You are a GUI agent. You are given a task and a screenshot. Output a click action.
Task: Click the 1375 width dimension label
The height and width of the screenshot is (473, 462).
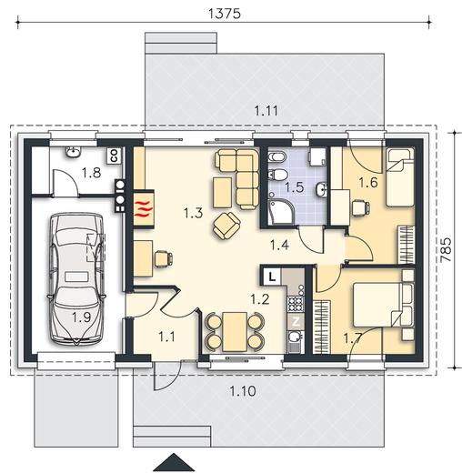225,14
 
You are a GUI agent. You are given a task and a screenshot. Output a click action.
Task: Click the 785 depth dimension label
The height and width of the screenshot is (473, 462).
446,249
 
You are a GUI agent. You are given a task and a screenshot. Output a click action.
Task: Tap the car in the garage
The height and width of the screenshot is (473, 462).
75,279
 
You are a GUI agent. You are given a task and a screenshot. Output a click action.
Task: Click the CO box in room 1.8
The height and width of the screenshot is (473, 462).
115,156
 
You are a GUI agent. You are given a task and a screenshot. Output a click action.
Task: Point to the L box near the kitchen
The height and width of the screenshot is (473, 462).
272,277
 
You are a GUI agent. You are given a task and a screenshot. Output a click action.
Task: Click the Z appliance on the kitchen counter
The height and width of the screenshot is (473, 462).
296,322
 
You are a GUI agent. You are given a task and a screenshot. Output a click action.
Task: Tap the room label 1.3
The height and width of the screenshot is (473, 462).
193,213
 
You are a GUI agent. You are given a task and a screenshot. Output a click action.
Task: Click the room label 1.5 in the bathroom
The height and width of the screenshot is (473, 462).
294,187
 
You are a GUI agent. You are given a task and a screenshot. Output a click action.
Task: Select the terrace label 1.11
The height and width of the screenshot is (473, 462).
266,111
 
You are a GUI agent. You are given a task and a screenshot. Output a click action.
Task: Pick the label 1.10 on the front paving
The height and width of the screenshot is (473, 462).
243,391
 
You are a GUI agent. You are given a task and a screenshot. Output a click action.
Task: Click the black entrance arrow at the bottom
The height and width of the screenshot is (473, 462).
174,462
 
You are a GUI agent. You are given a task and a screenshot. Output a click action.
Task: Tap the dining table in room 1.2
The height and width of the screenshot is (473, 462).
235,332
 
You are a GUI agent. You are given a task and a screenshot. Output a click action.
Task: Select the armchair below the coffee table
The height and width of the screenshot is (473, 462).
226,226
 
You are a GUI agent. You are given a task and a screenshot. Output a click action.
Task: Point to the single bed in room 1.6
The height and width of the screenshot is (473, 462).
400,177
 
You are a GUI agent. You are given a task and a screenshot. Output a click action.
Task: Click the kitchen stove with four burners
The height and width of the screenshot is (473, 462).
296,304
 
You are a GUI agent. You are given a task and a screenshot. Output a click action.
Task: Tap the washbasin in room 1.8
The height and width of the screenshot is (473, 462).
73,152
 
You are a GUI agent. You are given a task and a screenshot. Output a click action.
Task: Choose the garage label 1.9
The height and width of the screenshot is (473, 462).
81,317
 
